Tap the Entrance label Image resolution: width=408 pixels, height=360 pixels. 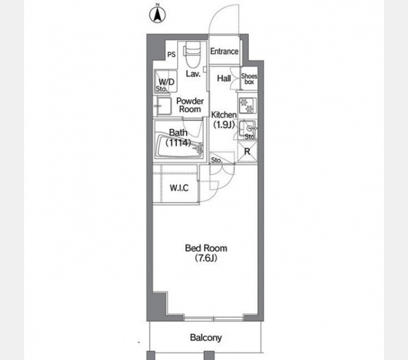tap(224, 51)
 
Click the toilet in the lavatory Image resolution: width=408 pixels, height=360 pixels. tap(193, 54)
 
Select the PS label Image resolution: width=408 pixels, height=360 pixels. tap(171, 54)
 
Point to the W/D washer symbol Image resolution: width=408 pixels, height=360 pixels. tap(166, 81)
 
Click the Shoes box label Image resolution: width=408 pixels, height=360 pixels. tap(249, 79)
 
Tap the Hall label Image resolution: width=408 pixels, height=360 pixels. tap(224, 78)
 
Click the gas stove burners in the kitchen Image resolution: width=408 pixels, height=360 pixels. tap(247, 105)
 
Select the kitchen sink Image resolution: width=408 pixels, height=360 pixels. tap(248, 128)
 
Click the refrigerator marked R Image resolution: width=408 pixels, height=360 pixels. tap(247, 152)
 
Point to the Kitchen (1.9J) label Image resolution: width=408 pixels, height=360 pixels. tap(224, 120)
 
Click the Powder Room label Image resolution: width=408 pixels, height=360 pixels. tap(190, 105)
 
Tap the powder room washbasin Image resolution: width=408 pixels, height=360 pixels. tap(163, 106)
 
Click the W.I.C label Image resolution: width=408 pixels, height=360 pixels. tap(179, 188)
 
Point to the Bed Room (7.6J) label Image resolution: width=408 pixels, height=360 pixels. tap(206, 253)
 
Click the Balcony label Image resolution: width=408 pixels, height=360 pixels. tap(206, 337)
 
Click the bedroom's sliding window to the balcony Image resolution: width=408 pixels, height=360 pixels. tap(214, 318)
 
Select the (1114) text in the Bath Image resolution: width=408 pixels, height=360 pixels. tap(178, 143)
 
